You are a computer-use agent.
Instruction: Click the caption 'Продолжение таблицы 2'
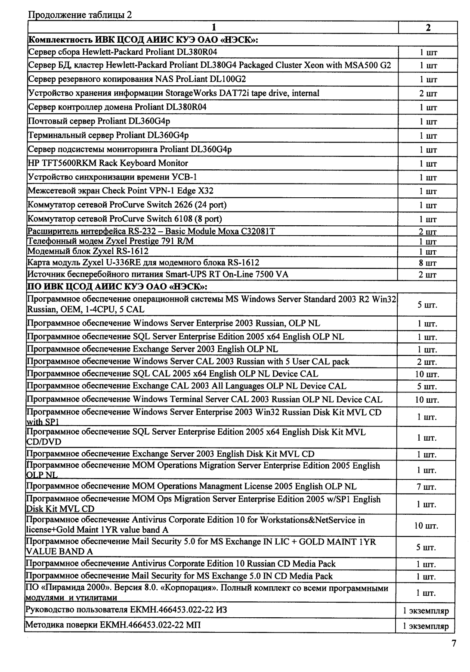[x=80, y=15]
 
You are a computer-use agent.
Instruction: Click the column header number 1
[x=213, y=28]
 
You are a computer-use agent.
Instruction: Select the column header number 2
[x=428, y=28]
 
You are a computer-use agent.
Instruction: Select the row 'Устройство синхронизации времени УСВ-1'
[x=112, y=177]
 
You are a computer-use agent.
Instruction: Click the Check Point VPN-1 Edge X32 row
[x=121, y=191]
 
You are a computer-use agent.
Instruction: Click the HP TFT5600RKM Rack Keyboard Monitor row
[x=108, y=163]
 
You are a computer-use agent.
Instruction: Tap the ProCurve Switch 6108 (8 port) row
[x=125, y=219]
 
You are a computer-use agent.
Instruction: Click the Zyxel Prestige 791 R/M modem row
[x=111, y=241]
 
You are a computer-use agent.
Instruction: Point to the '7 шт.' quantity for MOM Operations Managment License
[x=427, y=487]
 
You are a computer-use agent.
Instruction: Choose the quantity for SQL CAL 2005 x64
[x=427, y=374]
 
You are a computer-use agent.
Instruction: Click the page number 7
[x=454, y=644]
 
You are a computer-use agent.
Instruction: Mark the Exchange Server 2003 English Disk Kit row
[x=170, y=454]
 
